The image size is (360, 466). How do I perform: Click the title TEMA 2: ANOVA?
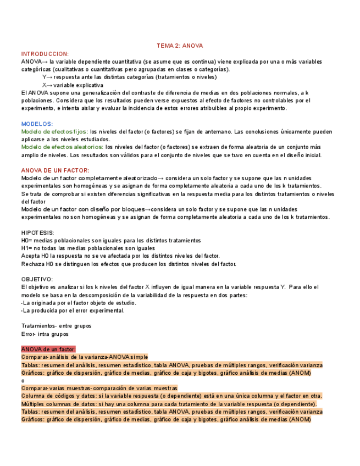coord(180,46)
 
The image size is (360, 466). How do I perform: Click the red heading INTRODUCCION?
coord(45,54)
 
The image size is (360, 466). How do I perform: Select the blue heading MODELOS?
coord(37,124)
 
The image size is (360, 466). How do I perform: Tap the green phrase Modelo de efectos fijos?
coord(54,132)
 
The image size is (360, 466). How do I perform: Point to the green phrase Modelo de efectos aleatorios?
coord(62,147)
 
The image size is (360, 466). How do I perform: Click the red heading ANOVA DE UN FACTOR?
coord(55,170)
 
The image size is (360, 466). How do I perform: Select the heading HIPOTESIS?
coord(38,232)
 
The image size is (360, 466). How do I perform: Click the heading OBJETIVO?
coord(37,279)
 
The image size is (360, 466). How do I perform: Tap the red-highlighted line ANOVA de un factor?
coord(48,349)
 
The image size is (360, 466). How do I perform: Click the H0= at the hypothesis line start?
coord(27,241)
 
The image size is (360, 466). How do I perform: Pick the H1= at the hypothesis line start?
coord(27,248)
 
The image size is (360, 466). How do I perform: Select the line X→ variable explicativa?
coord(73,85)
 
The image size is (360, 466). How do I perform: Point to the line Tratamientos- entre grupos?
coord(56,326)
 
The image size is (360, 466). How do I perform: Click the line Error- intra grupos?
coord(45,334)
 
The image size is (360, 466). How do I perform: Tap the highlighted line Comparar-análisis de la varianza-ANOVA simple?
coord(85,357)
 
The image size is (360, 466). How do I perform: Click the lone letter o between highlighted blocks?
coord(23,380)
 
